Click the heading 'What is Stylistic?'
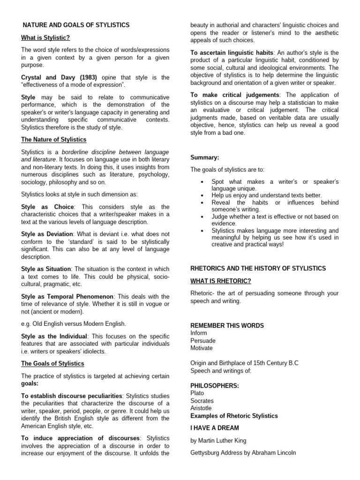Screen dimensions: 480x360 [x=45, y=37]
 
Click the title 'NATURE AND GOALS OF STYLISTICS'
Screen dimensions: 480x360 [x=76, y=25]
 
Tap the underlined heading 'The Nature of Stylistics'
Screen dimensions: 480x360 [x=54, y=140]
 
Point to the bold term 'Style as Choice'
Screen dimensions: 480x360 [x=48, y=207]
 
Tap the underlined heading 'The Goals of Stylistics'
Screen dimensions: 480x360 [x=52, y=363]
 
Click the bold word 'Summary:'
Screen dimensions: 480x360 [x=204, y=157]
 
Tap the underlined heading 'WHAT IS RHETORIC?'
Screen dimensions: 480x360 [x=220, y=281]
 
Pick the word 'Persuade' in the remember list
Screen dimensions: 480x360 [x=202, y=340]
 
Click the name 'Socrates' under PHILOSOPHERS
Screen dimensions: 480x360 [x=202, y=401]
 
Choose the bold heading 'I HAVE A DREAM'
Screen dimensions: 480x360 [x=214, y=427]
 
